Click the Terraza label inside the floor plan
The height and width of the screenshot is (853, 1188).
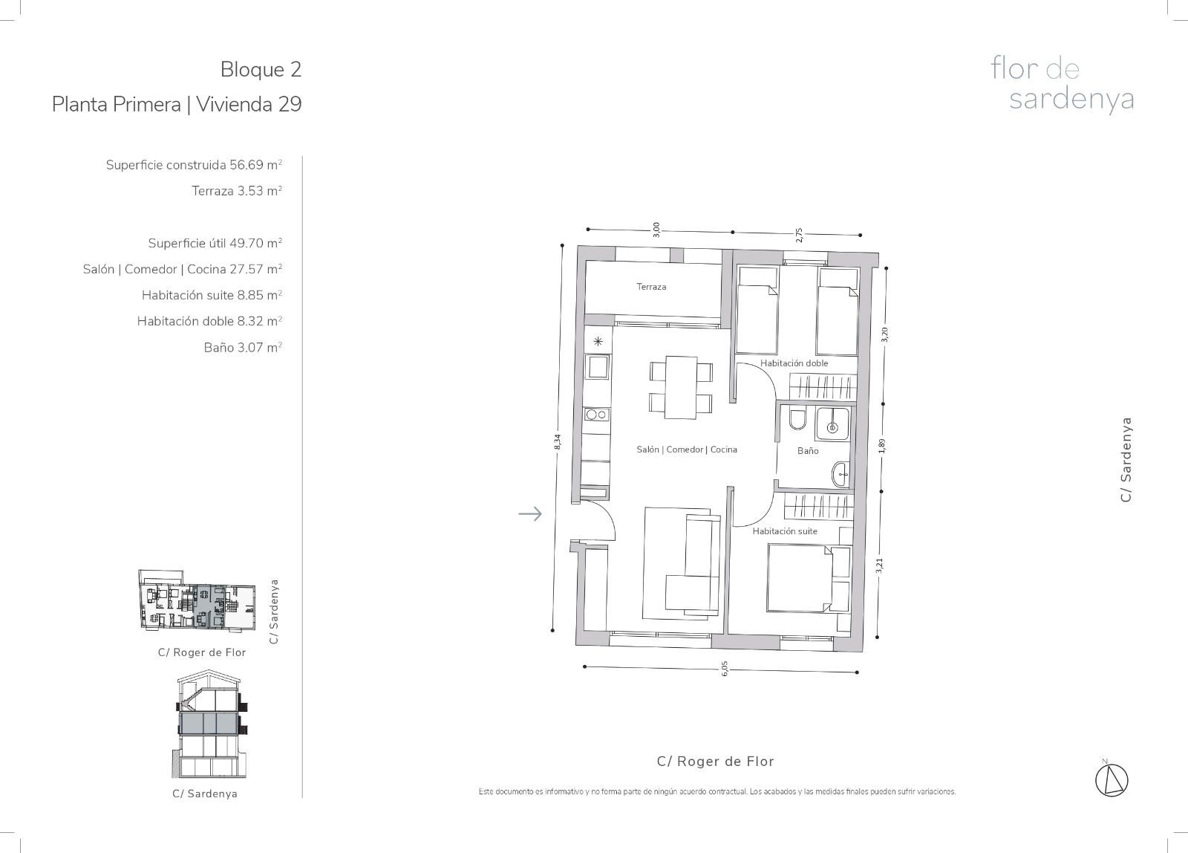coord(651,287)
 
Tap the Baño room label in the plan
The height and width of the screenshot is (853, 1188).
coord(808,451)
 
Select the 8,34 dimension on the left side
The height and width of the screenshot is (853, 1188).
coord(557,442)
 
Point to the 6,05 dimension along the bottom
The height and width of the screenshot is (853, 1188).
coord(725,668)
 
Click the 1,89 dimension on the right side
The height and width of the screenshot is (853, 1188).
coord(882,446)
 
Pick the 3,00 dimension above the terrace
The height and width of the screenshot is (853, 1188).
coord(656,230)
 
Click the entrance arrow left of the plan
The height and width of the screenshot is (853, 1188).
coord(530,514)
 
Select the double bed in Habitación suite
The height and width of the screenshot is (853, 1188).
coord(809,579)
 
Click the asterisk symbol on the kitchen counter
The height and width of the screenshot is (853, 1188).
coord(598,341)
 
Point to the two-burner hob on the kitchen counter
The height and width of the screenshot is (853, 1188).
coord(597,415)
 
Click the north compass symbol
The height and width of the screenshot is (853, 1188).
coord(1112,780)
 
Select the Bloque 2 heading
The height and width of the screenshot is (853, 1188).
coord(261,70)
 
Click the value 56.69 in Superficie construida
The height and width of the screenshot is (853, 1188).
coord(246,164)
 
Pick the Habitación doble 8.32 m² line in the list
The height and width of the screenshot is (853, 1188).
coord(209,321)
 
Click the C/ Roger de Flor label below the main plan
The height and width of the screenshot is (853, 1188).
coord(716,761)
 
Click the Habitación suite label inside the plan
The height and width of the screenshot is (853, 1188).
coord(785,531)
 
